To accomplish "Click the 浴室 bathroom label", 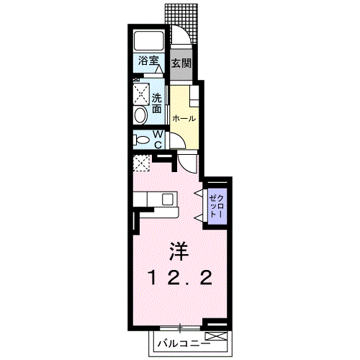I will tap(148, 62).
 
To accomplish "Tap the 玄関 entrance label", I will tap(181, 63).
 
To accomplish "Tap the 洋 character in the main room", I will tap(179, 252).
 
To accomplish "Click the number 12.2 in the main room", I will tap(180, 277).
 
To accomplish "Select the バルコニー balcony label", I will tap(180, 343).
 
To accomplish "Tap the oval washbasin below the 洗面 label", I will tap(140, 114).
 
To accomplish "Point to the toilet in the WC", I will tap(142, 140).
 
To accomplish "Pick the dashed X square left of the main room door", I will tap(141, 163).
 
